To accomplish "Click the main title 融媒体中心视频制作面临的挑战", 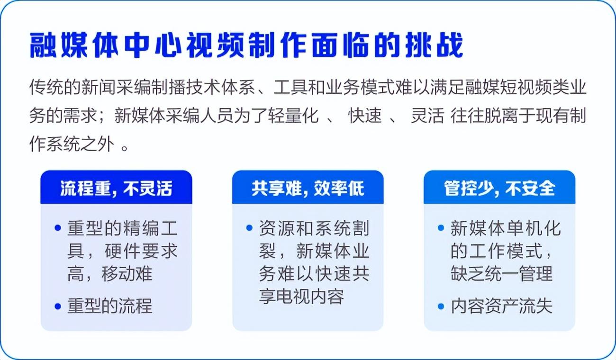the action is tap(246, 45).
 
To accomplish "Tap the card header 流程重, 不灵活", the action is tap(116, 189).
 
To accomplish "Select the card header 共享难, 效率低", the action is tap(308, 189).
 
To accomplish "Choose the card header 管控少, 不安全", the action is tap(499, 189).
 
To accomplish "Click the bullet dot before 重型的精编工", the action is tap(58, 228).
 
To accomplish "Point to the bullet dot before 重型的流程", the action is tap(58, 306).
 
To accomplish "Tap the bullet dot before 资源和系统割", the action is tap(249, 228).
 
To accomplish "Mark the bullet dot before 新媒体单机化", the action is tap(441, 228).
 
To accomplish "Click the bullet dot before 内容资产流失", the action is tap(441, 306).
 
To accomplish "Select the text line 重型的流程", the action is tap(110, 306).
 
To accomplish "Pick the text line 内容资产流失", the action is tap(501, 306).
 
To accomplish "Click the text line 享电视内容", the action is tap(301, 297).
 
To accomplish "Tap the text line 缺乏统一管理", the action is tap(501, 274).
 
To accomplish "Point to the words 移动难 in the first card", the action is tap(127, 274).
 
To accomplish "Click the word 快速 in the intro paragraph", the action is tap(365, 116).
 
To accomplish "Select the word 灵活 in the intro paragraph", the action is tap(427, 116).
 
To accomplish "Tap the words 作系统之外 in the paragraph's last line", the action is tap(72, 144).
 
